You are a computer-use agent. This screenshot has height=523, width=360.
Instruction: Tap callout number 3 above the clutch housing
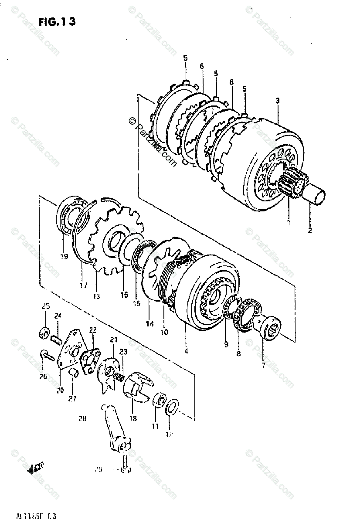click(277, 101)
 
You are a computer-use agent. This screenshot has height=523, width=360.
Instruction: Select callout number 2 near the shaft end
click(310, 231)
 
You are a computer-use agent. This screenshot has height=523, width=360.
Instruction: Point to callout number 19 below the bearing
click(64, 257)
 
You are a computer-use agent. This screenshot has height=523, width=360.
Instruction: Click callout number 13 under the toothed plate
click(96, 296)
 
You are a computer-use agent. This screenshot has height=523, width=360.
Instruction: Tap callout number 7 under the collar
click(263, 365)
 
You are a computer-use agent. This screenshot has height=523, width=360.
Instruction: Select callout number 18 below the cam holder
click(133, 418)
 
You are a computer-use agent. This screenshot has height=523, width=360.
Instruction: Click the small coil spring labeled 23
click(118, 374)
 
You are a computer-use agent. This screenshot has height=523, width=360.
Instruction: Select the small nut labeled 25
click(44, 333)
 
